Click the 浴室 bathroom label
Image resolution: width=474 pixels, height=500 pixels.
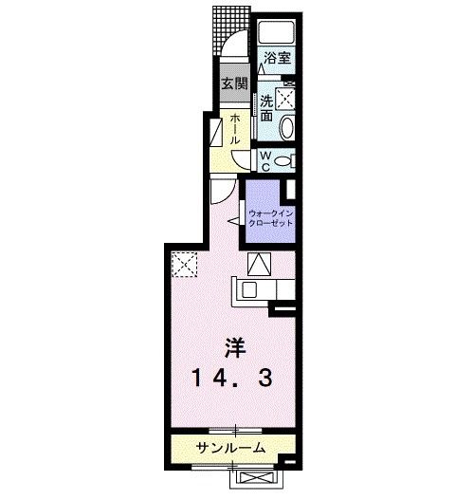pyautogui.click(x=277, y=58)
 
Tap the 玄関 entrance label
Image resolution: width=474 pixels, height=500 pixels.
pyautogui.click(x=233, y=83)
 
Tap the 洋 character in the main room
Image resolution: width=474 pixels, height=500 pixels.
pyautogui.click(x=235, y=347)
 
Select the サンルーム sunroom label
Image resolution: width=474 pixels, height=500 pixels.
pyautogui.click(x=230, y=448)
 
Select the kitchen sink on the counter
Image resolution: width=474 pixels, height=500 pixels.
pyautogui.click(x=251, y=289)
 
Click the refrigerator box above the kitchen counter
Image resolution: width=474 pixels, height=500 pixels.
pyautogui.click(x=259, y=263)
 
